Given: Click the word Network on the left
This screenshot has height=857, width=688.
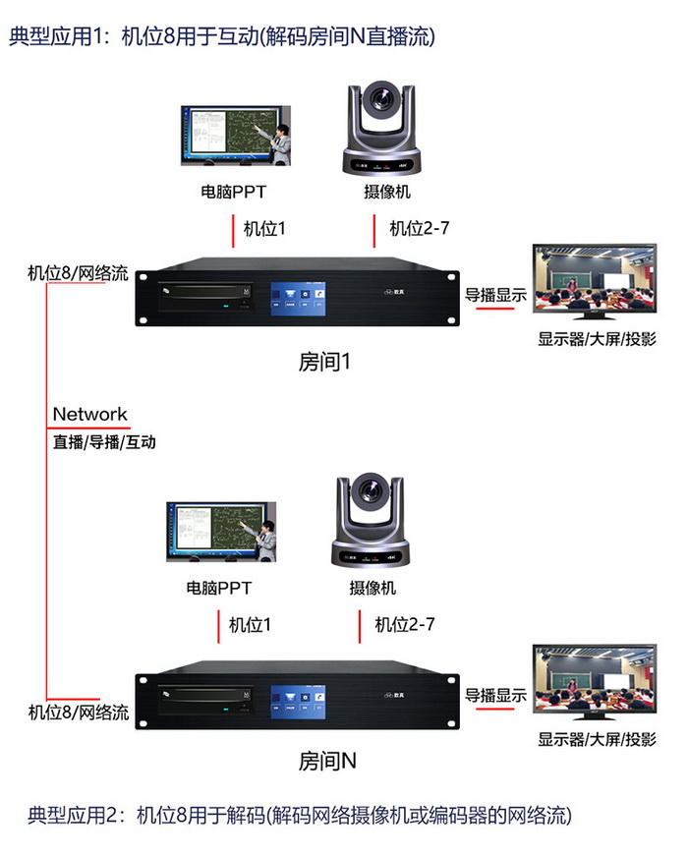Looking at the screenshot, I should pos(89,415).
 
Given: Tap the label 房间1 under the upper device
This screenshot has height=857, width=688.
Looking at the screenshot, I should pos(324,362).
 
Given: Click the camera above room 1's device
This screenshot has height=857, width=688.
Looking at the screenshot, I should pos(380,129).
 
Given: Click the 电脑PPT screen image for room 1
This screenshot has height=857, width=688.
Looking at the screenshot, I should pos(237,136).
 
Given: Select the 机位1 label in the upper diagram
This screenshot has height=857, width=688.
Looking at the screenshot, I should pos(264,229).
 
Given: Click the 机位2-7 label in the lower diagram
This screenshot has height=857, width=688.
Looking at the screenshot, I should pos(405,624).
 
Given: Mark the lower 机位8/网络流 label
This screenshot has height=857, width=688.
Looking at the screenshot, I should pos(79,713).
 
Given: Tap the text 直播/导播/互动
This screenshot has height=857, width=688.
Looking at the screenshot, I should pos(103,442).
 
